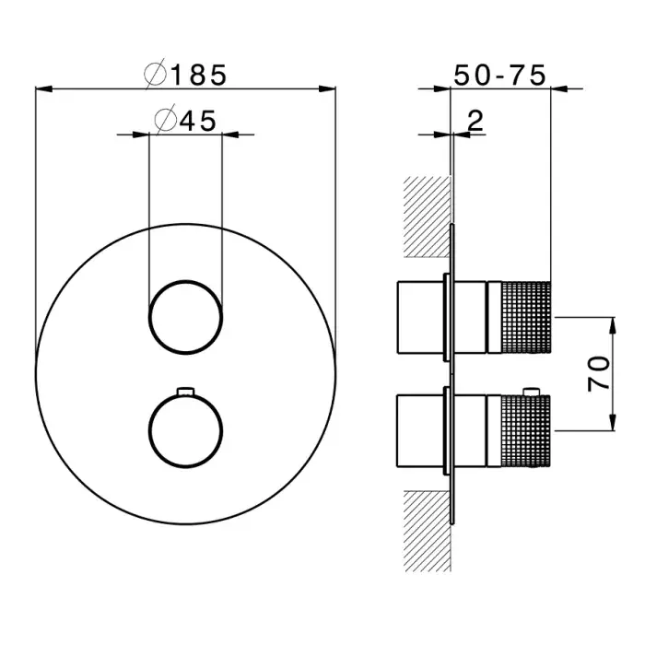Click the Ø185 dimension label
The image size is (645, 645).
pyautogui.click(x=185, y=74)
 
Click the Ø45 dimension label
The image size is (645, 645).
pyautogui.click(x=185, y=120)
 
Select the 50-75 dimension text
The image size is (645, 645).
pyautogui.click(x=501, y=74)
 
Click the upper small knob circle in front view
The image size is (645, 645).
pyautogui.click(x=185, y=316)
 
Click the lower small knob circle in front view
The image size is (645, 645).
pyautogui.click(x=185, y=428)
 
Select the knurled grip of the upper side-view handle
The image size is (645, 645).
pyautogui.click(x=524, y=316)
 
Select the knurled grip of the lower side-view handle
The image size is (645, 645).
pyautogui.click(x=524, y=428)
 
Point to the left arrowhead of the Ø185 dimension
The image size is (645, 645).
pyautogui.click(x=39, y=88)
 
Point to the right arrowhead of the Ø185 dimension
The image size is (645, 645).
pyautogui.click(x=332, y=88)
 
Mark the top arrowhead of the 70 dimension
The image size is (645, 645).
pyautogui.click(x=611, y=320)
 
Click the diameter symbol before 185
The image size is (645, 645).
pyautogui.click(x=156, y=74)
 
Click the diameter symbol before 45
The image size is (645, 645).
pyautogui.click(x=166, y=120)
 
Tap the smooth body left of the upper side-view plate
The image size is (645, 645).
pyautogui.click(x=419, y=316)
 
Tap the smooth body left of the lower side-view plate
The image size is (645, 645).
pyautogui.click(x=419, y=428)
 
